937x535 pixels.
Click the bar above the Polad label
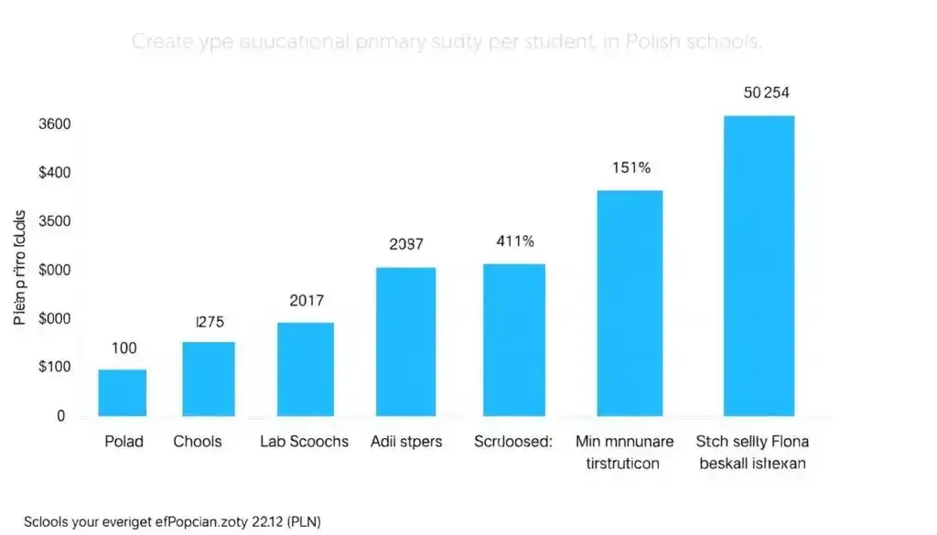[x=122, y=392]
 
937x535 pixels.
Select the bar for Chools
[x=209, y=379]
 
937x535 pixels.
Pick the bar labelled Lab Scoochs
[x=305, y=369]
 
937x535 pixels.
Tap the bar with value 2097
[x=405, y=341]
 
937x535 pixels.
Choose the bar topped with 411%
[x=513, y=339]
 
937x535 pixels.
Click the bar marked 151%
[x=630, y=303]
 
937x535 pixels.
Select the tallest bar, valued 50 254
[x=759, y=265]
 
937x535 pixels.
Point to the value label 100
[x=124, y=348]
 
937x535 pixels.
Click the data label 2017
[x=306, y=300]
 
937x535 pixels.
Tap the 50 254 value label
[x=767, y=93]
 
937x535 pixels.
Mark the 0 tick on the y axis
[x=60, y=416]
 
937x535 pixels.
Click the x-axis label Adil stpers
[x=406, y=442]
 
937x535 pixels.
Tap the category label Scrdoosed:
[x=513, y=442]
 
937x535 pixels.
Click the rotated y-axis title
[x=21, y=270]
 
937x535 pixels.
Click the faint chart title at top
[x=447, y=42]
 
